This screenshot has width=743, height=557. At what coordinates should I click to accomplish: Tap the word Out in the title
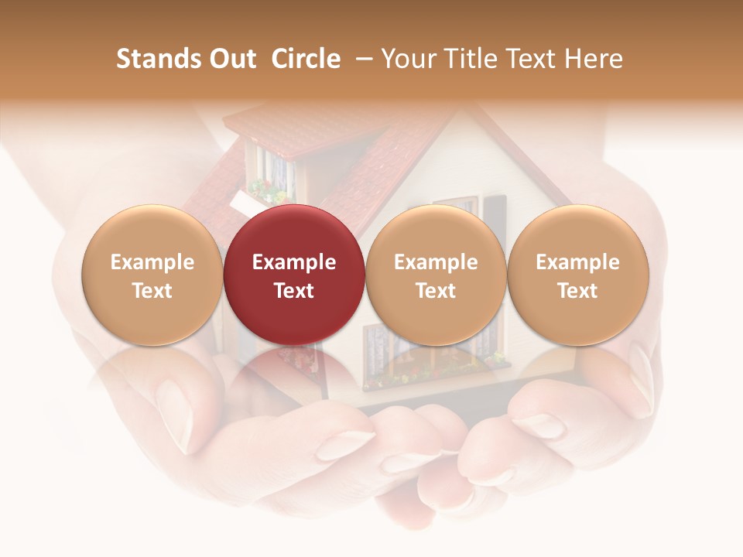tap(232, 60)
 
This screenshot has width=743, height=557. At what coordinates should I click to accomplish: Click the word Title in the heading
tap(471, 60)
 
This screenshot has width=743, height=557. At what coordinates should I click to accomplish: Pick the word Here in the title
tap(594, 60)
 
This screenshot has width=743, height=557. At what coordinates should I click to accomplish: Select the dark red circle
tap(294, 275)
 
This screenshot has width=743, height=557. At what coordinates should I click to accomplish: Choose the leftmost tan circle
tap(152, 275)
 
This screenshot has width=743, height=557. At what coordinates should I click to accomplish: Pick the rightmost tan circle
tap(577, 275)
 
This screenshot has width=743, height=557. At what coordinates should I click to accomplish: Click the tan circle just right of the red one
tap(436, 275)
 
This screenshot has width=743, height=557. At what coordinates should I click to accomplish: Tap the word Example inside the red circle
tap(294, 262)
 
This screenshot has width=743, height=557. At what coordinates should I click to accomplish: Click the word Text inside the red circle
tap(294, 291)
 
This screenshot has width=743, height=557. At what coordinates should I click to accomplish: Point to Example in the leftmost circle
tap(152, 262)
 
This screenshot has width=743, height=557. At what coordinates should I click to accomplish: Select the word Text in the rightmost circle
tap(577, 291)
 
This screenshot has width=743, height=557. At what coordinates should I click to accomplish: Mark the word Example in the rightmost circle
tap(577, 262)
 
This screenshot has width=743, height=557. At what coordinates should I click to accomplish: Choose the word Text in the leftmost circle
tap(152, 291)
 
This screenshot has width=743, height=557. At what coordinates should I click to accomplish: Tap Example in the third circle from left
tap(436, 262)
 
